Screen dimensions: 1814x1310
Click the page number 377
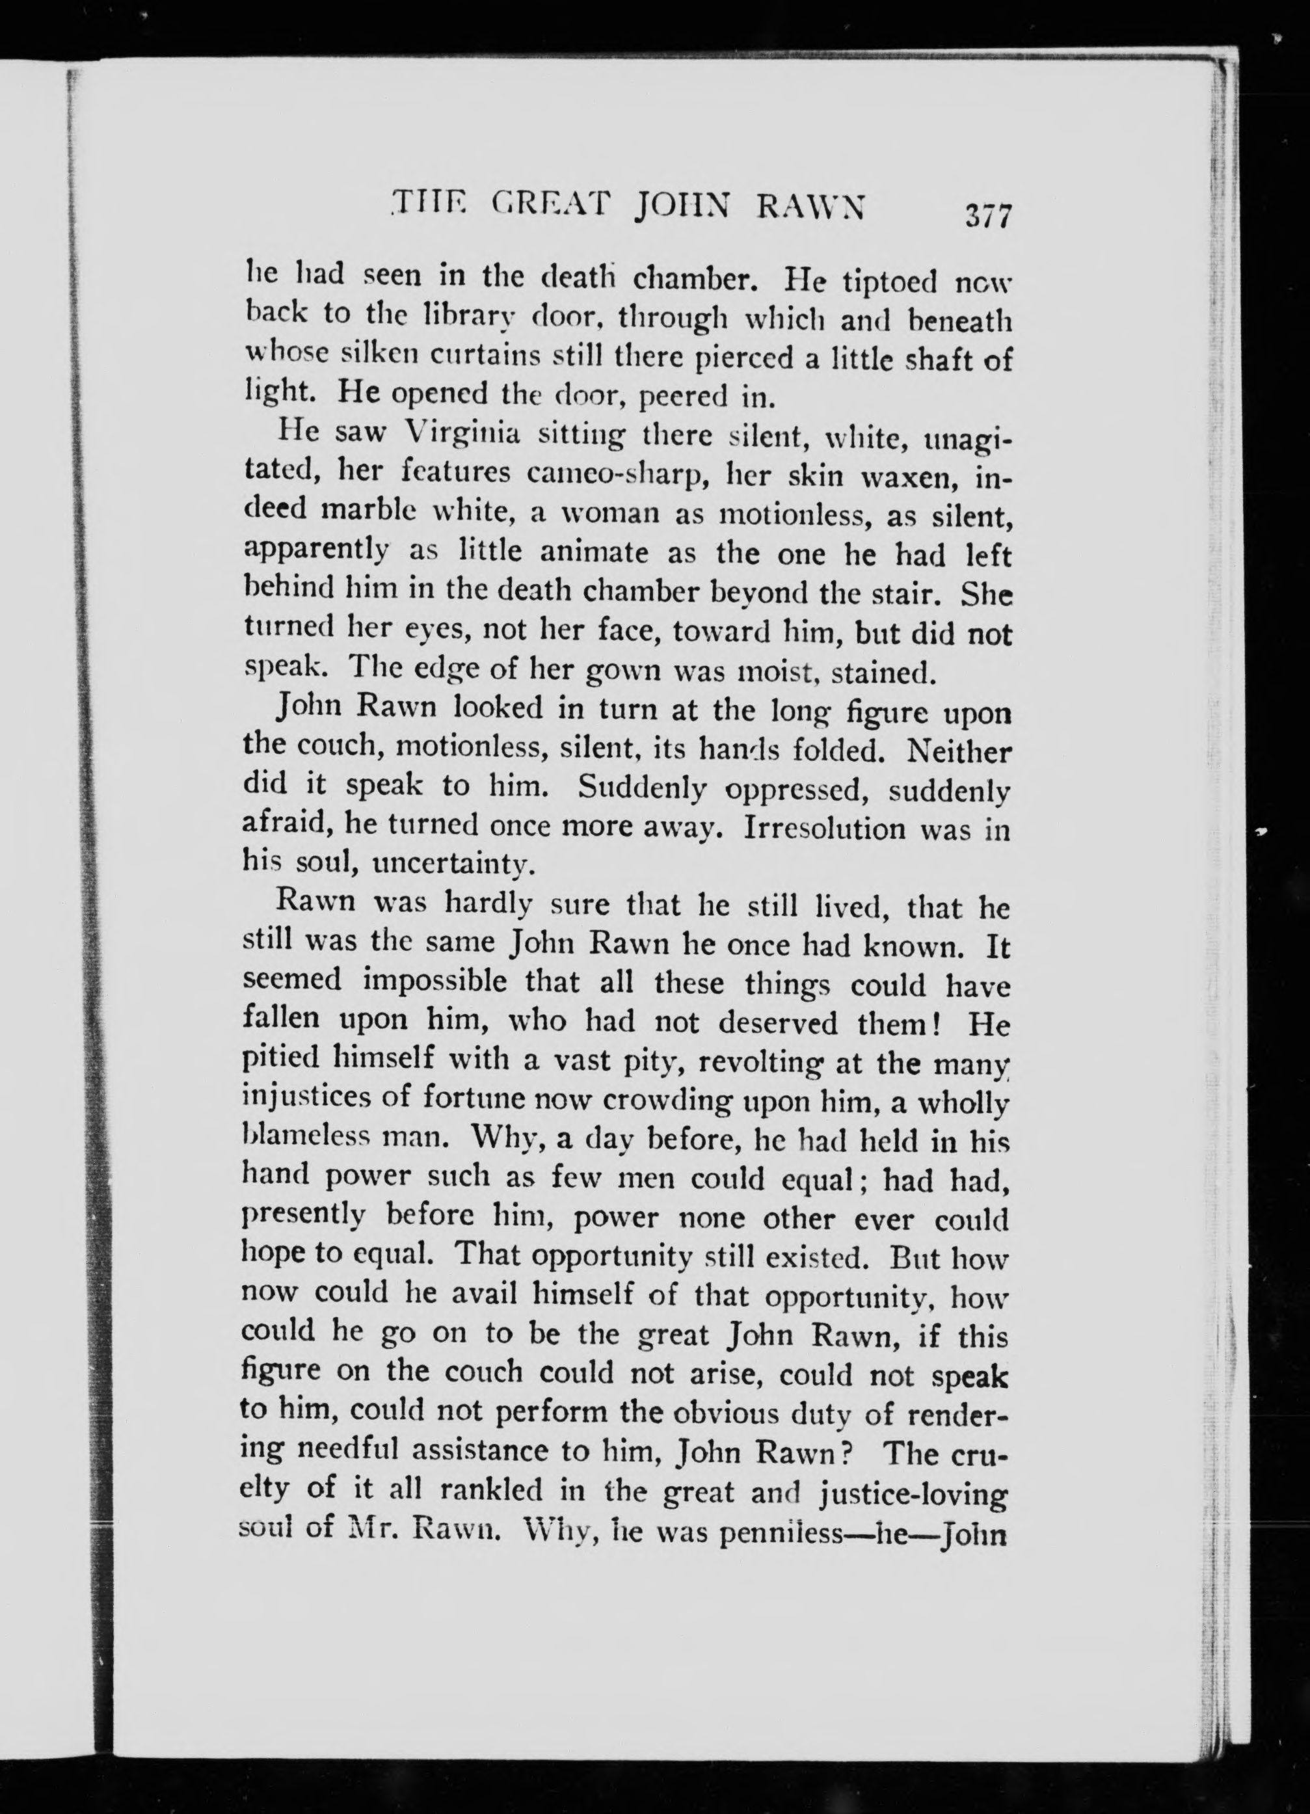tap(989, 217)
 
